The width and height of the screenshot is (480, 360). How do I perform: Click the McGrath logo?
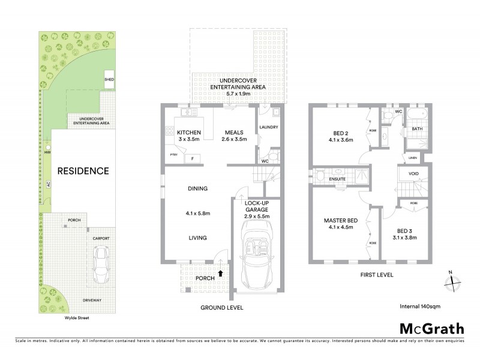tap(431, 328)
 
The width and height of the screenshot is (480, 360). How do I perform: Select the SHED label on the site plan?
tap(109, 79)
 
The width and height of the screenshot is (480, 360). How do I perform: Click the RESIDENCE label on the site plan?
tap(83, 171)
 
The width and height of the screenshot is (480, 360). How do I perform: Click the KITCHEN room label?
tap(189, 133)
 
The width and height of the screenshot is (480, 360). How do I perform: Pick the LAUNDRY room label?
tap(268, 127)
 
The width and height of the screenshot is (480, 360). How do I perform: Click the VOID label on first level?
tap(414, 174)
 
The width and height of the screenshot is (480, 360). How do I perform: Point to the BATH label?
tap(417, 128)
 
